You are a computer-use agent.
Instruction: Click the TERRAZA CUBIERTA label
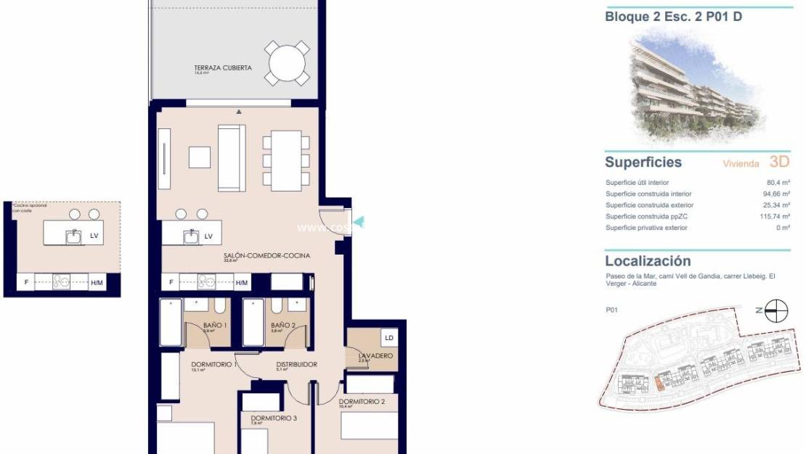point(223,67)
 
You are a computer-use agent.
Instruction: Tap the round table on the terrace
point(287,64)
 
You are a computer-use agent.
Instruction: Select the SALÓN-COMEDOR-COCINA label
point(267,256)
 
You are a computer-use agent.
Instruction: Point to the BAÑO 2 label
point(282,326)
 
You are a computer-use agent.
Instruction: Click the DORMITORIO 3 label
point(273,418)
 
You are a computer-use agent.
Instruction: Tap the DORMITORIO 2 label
point(362,401)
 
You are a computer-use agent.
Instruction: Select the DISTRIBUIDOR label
point(296,365)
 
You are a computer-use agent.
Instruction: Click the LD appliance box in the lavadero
point(388,338)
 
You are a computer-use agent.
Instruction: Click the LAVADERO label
point(375,355)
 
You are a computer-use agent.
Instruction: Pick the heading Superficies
point(643,162)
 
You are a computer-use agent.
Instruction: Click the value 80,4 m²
point(778,183)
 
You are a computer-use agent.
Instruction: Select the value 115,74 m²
point(775,217)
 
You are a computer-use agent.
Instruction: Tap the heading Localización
point(648,261)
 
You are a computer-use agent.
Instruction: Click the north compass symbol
point(776,310)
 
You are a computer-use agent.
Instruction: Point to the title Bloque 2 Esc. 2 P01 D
point(673,17)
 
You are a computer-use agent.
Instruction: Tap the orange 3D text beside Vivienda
point(778,162)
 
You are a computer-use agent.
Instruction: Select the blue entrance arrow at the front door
point(358,223)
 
